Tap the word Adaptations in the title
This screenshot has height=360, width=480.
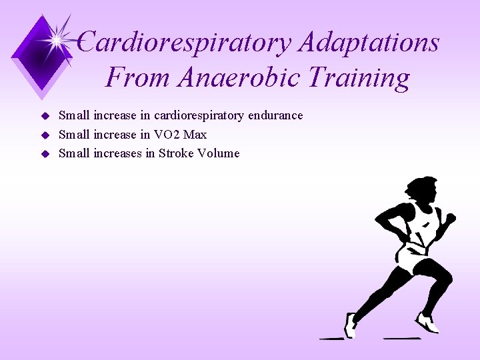[x=369, y=43]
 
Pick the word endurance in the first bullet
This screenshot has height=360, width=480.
[x=275, y=115]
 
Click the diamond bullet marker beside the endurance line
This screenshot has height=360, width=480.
[x=46, y=116]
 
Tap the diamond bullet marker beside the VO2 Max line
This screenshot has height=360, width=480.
[x=46, y=135]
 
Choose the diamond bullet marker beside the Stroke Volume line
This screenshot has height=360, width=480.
[x=46, y=154]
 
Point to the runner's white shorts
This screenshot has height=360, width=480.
[x=413, y=260]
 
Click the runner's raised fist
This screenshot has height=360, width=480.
[x=450, y=218]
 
